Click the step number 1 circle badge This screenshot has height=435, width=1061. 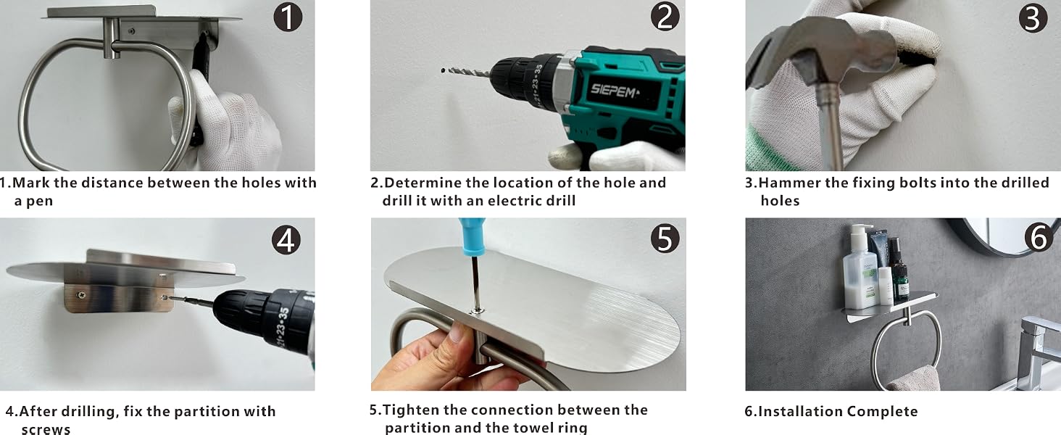(288, 17)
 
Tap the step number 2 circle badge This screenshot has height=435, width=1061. (665, 17)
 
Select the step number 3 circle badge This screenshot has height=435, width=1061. (1033, 18)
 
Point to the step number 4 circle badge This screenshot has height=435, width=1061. (286, 240)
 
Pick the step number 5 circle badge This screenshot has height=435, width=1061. (665, 238)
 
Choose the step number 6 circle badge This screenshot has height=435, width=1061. (1039, 237)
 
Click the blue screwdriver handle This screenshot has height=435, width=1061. (472, 236)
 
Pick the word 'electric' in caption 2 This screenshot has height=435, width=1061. (515, 201)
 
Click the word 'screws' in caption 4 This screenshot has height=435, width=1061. (46, 429)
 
